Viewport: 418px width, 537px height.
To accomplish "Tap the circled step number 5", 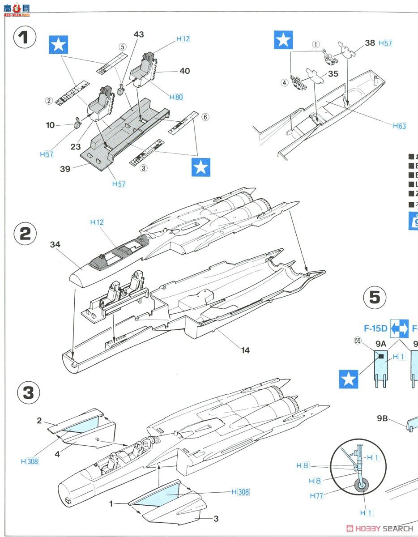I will pyautogui.click(x=375, y=298).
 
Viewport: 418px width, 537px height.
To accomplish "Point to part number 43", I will pyautogui.click(x=139, y=34).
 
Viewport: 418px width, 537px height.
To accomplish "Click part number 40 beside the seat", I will pyautogui.click(x=184, y=71).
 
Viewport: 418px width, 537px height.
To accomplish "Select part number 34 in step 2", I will pyautogui.click(x=55, y=244).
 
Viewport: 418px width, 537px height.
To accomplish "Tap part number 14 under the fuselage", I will pyautogui.click(x=245, y=350).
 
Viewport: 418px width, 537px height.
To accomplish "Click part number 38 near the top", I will pyautogui.click(x=370, y=43).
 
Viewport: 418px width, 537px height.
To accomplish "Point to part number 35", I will pyautogui.click(x=333, y=74).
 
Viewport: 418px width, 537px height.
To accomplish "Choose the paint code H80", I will pyautogui.click(x=176, y=97).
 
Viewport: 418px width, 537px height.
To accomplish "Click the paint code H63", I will pyautogui.click(x=400, y=126).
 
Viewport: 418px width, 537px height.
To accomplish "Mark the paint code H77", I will pyautogui.click(x=317, y=496).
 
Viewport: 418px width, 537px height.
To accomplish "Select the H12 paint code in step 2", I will pyautogui.click(x=97, y=222).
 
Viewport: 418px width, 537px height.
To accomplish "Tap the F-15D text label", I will pyautogui.click(x=375, y=328).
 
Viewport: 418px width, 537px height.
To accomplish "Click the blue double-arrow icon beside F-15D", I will pyautogui.click(x=399, y=328).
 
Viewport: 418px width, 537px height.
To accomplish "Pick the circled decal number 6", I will pyautogui.click(x=205, y=117).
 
